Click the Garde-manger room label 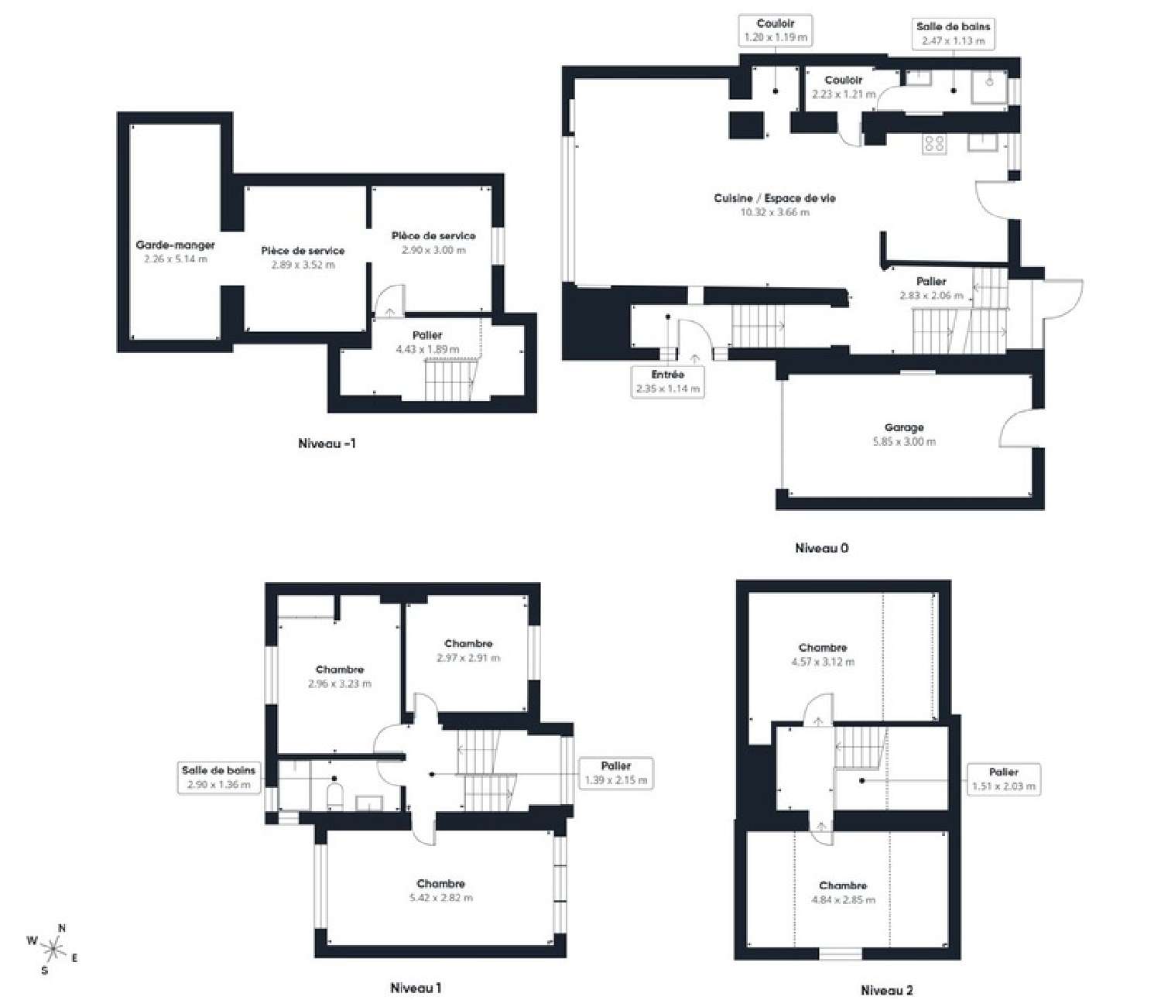[175, 245]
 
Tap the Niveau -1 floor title [327, 443]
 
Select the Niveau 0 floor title [821, 548]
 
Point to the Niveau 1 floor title [416, 988]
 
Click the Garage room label [903, 427]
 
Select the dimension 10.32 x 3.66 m [775, 212]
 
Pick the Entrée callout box [667, 382]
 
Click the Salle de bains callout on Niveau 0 [953, 33]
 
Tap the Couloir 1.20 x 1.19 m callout [776, 30]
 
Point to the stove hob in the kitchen [933, 144]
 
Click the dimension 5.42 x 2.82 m [440, 898]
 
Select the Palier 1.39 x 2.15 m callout [615, 773]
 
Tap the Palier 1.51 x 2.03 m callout [1003, 779]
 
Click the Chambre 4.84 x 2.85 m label [843, 885]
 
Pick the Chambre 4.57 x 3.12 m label [823, 648]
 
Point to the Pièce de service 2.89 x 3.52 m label [303, 251]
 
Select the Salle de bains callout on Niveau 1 [218, 777]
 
